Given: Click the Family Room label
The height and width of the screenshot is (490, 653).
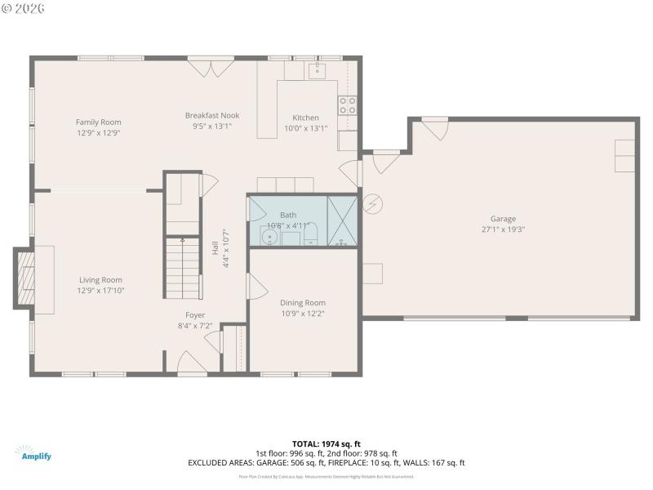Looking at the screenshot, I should (x=99, y=122).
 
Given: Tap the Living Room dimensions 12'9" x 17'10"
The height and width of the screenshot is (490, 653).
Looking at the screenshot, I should (x=100, y=290).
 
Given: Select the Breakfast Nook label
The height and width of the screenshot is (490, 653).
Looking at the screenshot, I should (x=212, y=115).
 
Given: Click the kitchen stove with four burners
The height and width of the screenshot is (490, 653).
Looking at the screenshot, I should (x=347, y=105).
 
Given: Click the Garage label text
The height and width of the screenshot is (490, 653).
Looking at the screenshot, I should (x=503, y=218).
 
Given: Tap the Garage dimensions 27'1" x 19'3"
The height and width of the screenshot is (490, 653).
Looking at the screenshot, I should (x=503, y=229).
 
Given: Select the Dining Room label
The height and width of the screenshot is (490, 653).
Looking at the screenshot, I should (x=303, y=302).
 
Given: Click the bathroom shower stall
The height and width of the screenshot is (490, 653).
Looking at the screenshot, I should (x=342, y=220).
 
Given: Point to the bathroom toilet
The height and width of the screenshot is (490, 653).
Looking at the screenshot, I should (x=309, y=238).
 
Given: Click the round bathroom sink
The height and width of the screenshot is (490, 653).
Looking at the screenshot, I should (x=269, y=238).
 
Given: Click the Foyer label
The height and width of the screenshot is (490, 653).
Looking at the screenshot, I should (x=195, y=314).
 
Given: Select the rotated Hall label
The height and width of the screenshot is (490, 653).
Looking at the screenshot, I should (x=215, y=254).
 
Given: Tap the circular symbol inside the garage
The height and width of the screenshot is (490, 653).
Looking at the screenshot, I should (x=371, y=202).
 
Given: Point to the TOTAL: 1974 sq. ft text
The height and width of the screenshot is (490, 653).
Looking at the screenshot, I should (x=326, y=443).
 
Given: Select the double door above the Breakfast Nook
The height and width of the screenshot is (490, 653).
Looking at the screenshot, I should (x=211, y=67).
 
